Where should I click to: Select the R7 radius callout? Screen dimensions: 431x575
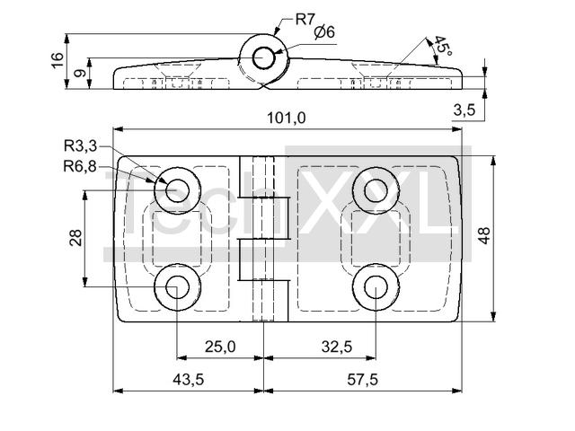(x=305, y=17)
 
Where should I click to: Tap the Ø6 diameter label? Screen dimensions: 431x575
(x=324, y=32)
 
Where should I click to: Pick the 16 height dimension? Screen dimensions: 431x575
(x=57, y=61)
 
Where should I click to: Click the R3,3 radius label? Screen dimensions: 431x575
(x=80, y=147)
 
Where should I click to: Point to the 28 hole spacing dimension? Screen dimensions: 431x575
(x=75, y=237)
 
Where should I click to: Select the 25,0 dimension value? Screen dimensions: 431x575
(x=219, y=346)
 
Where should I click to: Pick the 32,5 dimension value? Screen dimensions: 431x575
(x=334, y=346)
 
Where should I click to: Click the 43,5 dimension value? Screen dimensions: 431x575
(x=187, y=380)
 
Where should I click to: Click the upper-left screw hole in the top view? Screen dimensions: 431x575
(x=176, y=189)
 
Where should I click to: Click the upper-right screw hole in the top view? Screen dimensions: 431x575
(x=376, y=189)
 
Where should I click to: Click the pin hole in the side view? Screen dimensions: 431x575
(x=263, y=57)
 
